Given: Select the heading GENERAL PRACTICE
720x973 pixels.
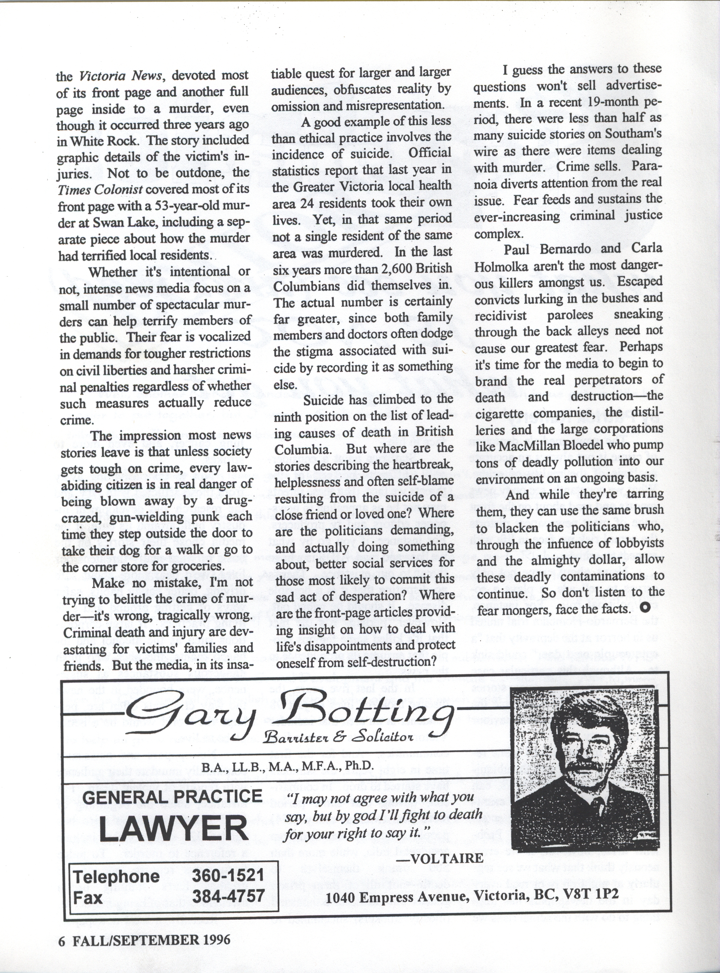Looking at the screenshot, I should pyautogui.click(x=172, y=797).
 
